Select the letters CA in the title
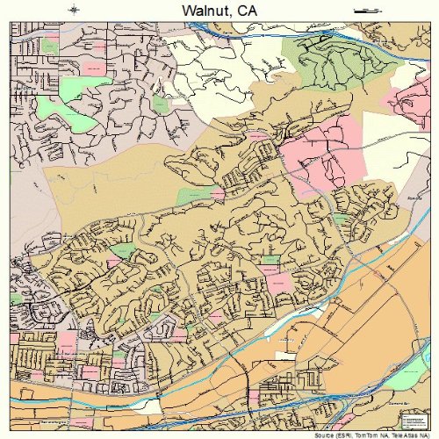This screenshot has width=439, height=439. tap(248, 10)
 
